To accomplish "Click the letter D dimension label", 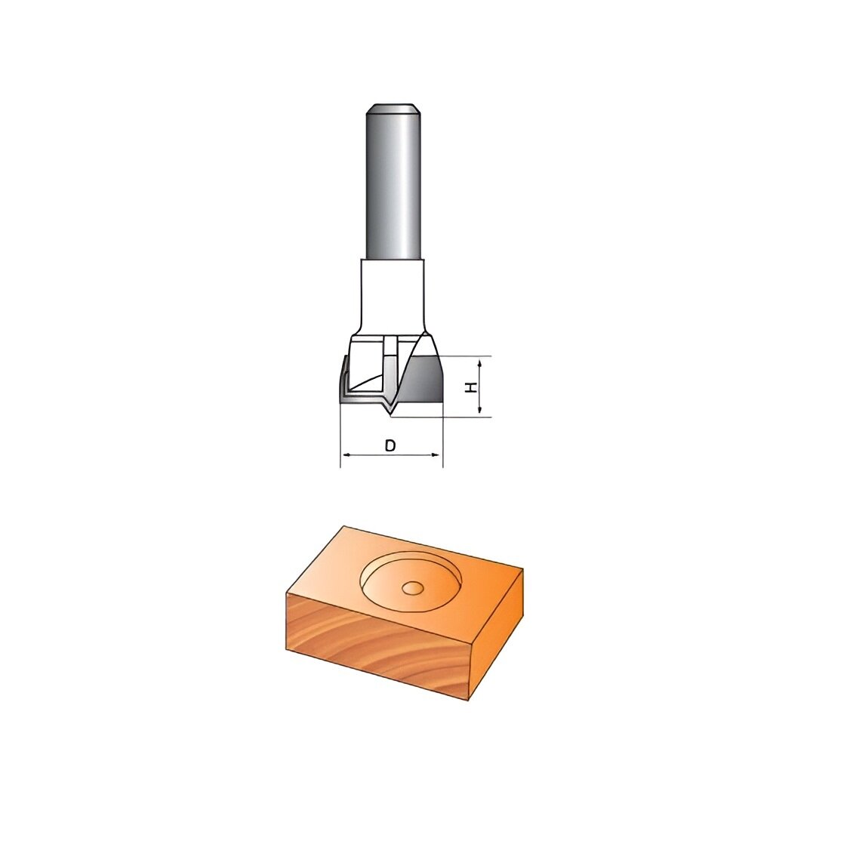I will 390,445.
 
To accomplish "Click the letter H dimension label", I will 471,387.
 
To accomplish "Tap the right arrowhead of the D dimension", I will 436,455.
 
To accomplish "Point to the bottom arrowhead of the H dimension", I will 479,410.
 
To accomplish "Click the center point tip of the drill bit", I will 390,414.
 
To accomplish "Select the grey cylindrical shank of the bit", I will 392,189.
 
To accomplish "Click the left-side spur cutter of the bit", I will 344,381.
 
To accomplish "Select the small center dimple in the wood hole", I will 412,587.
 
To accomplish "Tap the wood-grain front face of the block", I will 377,642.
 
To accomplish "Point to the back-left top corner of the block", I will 344,526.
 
